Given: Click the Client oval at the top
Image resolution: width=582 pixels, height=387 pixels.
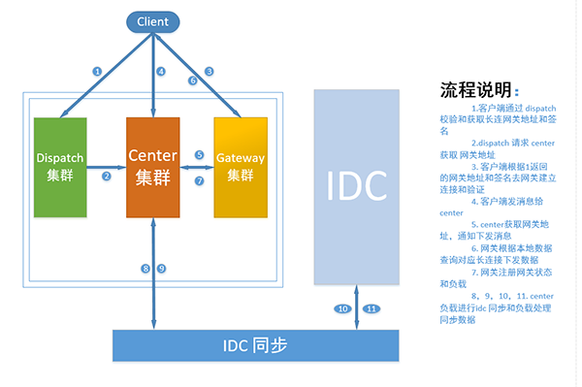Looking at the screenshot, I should coord(153,19).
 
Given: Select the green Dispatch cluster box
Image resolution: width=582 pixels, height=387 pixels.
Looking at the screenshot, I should coord(60,166).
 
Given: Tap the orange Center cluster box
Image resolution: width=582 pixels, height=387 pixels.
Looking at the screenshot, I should coord(153,166).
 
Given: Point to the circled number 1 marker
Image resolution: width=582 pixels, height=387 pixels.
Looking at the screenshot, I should coord(97,71).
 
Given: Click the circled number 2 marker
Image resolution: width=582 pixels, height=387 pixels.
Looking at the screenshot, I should coord(107,176).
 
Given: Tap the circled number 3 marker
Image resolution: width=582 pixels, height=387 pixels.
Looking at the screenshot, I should coord(209,71).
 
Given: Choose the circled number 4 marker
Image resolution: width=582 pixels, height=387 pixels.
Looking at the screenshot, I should coord(162,71).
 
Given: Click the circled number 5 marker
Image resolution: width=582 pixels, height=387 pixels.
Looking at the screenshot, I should coord(199,154).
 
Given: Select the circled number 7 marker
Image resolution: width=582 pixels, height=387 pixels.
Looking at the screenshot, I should coord(199,180).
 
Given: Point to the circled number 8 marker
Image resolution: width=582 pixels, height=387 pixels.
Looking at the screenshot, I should coord(145,268).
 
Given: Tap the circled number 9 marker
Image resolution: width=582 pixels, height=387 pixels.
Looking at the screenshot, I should coord(162,268).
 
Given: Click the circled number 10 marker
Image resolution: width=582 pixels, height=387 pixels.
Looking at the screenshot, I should coord(342,308).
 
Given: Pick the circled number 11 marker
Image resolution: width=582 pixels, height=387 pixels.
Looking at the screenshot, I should coord(370,308).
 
